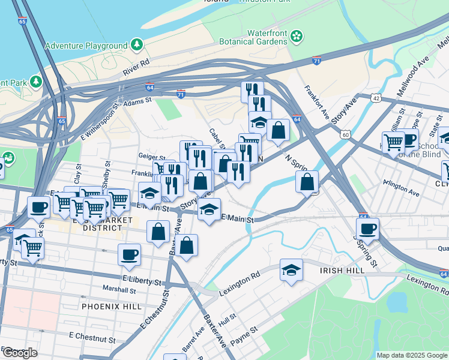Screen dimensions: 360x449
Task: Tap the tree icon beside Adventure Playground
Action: pos(137,44)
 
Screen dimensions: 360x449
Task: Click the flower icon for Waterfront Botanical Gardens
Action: pos(296,37)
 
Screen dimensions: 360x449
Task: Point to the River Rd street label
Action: pos(136,67)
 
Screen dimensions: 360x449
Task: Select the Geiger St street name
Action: pos(151,156)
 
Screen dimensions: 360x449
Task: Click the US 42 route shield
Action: pos(376,97)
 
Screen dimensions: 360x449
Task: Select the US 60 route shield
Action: pos(345,134)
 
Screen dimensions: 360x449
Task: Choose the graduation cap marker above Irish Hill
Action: pos(291,270)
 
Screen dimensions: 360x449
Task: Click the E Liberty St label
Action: pos(142,281)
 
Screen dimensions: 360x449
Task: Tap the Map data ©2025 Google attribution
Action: pos(412,355)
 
